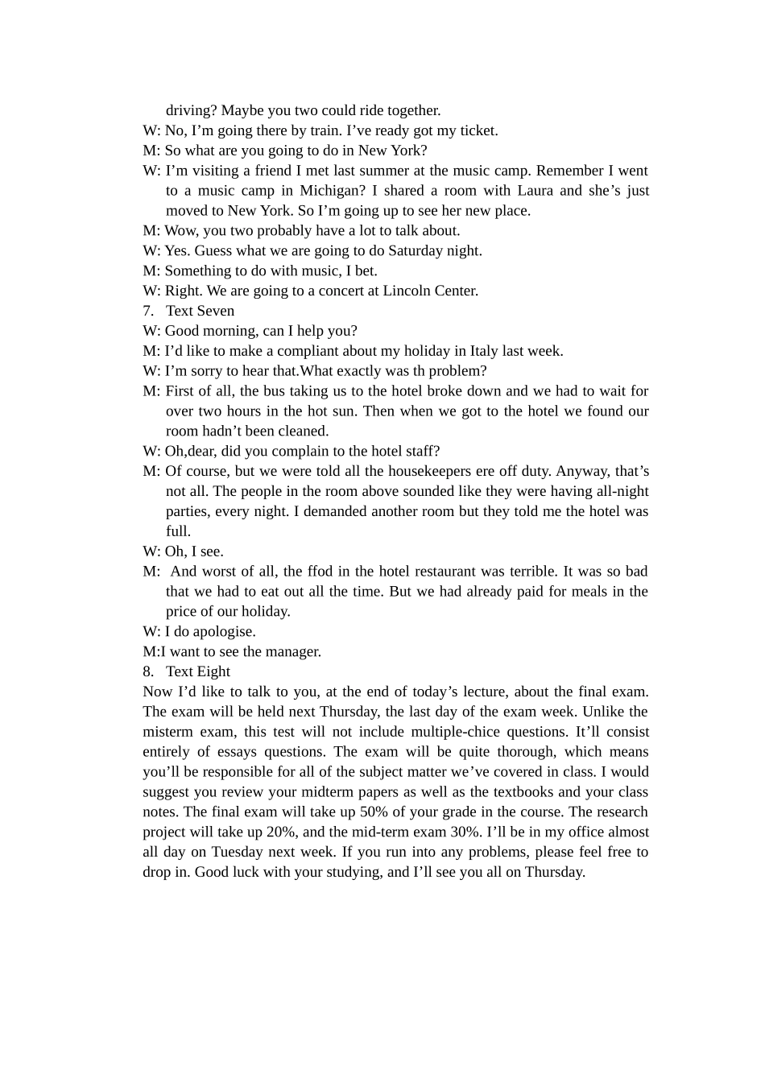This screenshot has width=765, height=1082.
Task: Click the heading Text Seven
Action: coord(200,311)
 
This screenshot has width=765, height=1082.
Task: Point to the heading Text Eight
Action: coord(198,671)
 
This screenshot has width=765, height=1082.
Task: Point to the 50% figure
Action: coord(373,811)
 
